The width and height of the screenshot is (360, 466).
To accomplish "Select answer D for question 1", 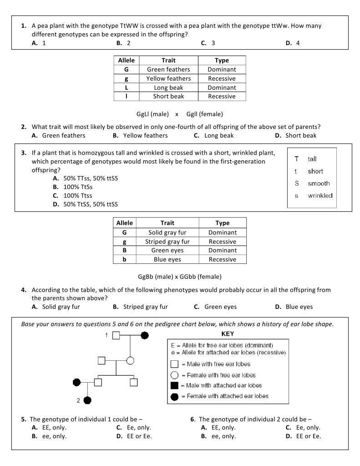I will (292, 43).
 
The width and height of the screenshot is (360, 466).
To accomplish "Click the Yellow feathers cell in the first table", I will (168, 78).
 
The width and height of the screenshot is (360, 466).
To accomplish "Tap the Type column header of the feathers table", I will (222, 60).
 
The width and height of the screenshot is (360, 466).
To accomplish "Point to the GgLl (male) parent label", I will (153, 114).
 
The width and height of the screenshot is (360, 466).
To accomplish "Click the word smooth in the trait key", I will (319, 184).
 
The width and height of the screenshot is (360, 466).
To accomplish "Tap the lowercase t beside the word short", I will (296, 171).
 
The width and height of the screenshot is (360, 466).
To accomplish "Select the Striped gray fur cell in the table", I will (167, 241).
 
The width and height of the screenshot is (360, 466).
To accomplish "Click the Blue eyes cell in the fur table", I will (167, 259).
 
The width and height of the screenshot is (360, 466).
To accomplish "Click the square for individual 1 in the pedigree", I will (116, 336).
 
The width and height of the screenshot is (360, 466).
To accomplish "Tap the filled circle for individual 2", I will (87, 400).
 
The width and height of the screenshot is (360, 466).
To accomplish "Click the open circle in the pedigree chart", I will (130, 361).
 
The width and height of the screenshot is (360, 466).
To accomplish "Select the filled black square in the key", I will (174, 385).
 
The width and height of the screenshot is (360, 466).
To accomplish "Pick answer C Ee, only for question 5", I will (134, 427).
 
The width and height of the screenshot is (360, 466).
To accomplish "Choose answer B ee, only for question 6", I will (218, 436).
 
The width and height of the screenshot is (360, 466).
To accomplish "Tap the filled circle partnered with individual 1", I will (145, 336).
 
